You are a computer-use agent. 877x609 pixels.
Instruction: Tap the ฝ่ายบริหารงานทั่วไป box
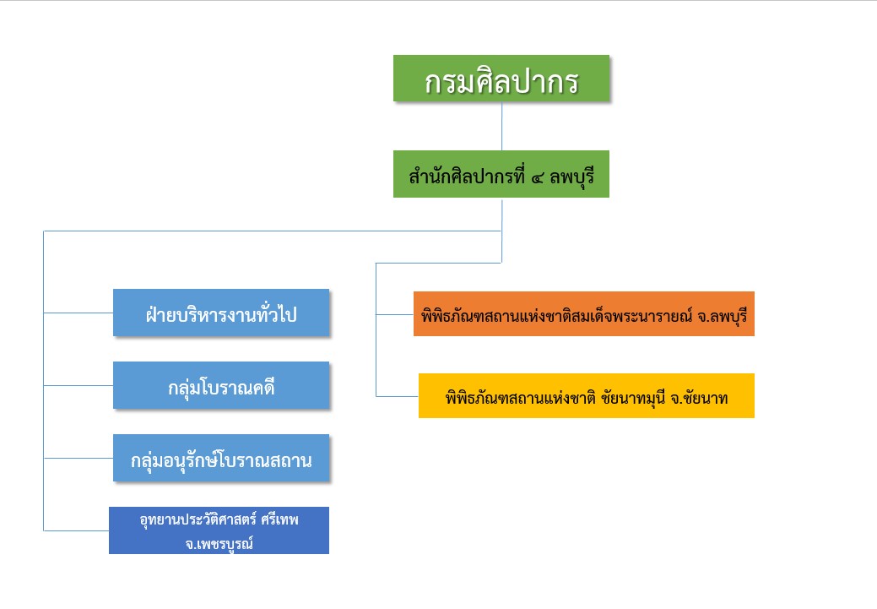point(221,313)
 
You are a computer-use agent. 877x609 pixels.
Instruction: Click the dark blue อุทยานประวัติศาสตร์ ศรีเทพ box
point(219,530)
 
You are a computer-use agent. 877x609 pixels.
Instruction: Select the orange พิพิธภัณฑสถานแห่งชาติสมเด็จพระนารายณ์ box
point(583,314)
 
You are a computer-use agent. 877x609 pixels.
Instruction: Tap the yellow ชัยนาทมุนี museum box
point(586,396)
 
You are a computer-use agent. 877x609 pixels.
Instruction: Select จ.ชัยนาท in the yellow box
point(701,397)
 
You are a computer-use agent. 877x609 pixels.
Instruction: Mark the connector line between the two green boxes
point(502,127)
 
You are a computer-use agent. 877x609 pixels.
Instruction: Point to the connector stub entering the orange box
point(394,314)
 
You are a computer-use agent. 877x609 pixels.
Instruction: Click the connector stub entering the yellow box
point(397,396)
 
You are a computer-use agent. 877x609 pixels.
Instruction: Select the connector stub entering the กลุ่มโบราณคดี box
point(78,386)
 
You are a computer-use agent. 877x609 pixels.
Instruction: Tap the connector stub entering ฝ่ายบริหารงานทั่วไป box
point(78,313)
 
